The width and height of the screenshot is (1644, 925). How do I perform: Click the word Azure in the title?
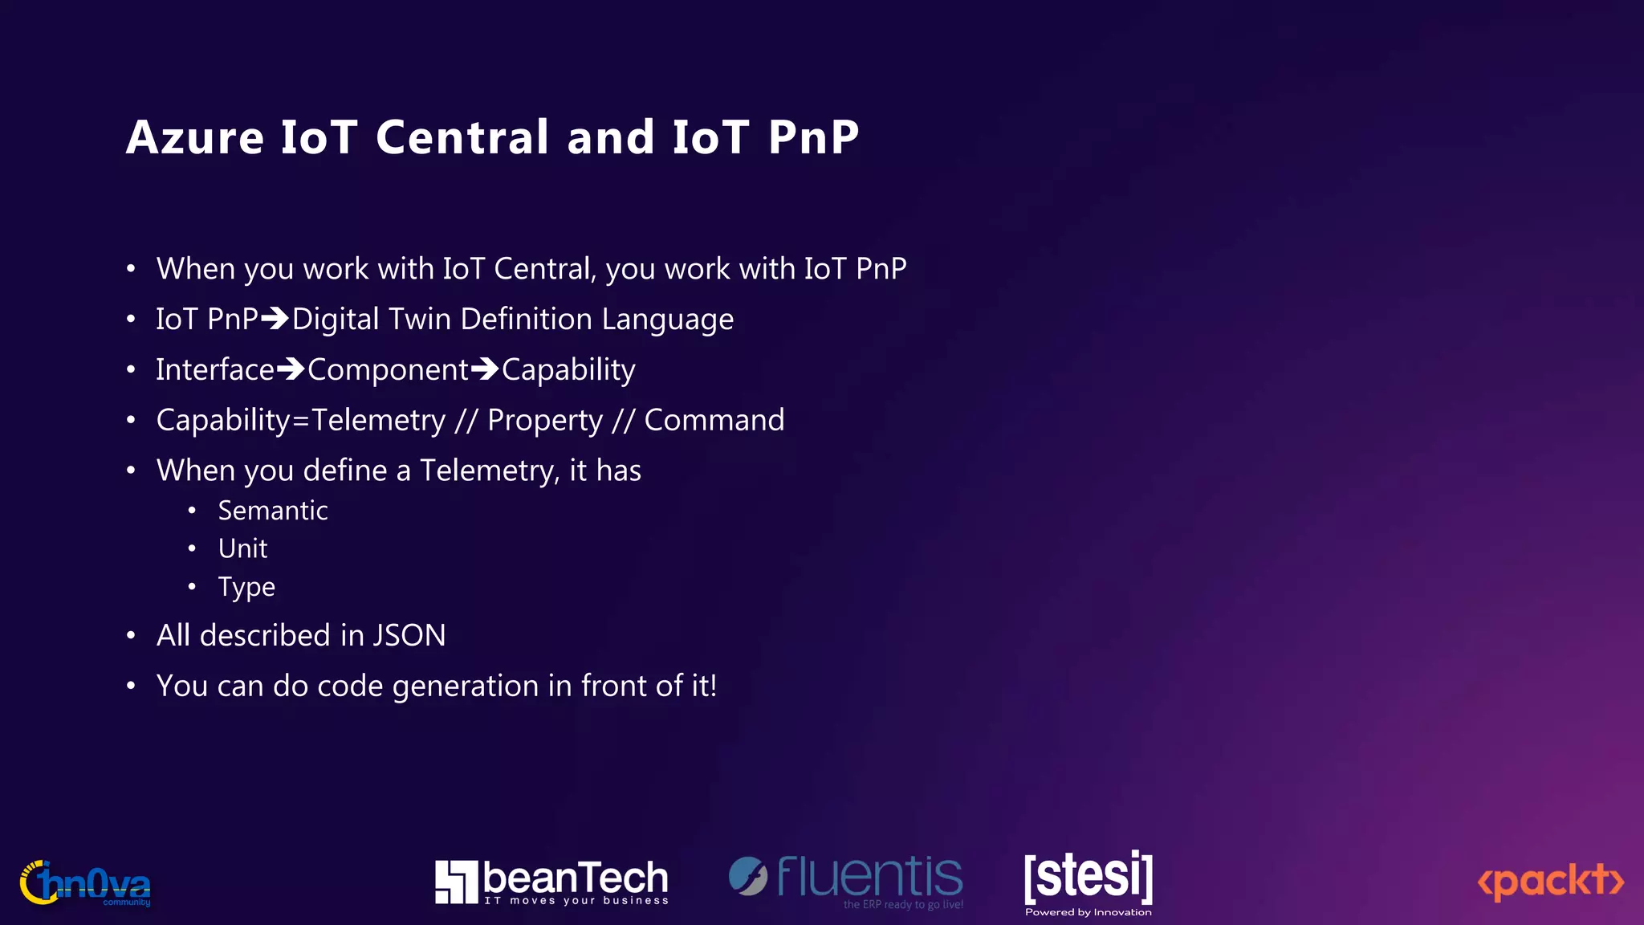195,137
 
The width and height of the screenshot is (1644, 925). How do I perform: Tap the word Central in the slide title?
462,137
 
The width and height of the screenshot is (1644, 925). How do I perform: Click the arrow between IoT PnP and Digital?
275,320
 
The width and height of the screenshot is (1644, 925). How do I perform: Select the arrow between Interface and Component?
291,370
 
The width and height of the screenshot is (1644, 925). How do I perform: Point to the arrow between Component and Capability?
485,370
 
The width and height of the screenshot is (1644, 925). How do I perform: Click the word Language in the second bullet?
667,320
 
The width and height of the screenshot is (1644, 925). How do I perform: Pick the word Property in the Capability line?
544,421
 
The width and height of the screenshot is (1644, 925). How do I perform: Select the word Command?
714,421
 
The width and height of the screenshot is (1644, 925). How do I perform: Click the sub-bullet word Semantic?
273,511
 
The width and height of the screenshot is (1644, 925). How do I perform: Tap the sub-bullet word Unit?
242,548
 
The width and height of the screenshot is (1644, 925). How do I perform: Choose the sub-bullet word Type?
246,588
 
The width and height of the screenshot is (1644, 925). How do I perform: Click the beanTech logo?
551,882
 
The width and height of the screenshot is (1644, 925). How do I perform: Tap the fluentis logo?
846,880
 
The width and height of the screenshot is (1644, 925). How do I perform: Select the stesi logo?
1089,880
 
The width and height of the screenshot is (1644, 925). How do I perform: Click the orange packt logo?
1551,882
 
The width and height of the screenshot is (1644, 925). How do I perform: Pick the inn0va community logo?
86,883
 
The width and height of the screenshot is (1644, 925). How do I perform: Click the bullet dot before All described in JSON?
131,636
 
